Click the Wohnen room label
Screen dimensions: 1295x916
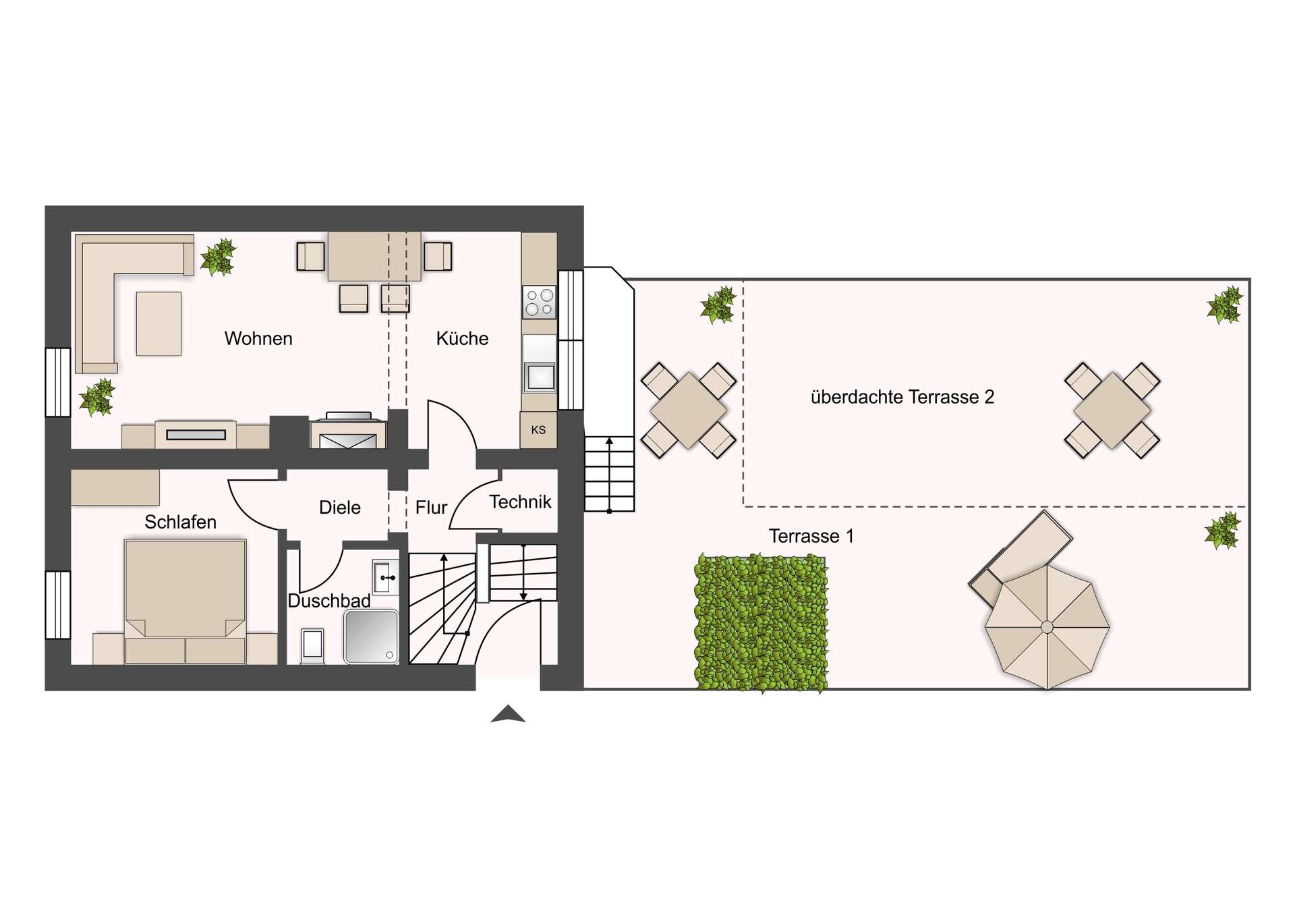[258, 338]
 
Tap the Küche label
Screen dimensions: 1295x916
[462, 338]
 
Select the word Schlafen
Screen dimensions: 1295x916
[180, 522]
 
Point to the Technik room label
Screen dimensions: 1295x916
[520, 502]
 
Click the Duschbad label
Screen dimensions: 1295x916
[329, 601]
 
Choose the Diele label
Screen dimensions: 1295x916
[340, 508]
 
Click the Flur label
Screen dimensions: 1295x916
[432, 508]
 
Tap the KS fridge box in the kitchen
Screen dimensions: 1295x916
[538, 430]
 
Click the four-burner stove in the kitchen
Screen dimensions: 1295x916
[540, 302]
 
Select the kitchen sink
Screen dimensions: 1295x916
[540, 377]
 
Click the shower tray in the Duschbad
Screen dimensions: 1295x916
[371, 637]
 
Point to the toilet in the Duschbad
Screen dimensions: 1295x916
[313, 645]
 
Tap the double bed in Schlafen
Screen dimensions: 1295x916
[185, 601]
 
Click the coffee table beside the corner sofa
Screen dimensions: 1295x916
[159, 323]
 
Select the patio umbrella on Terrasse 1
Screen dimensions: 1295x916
[1047, 627]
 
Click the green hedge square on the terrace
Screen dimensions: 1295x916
[761, 623]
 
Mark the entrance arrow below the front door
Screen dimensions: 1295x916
[508, 713]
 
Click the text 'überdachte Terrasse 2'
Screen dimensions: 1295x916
[902, 397]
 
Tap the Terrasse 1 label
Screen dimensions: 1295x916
[811, 536]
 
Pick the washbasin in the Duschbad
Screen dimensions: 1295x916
[384, 577]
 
